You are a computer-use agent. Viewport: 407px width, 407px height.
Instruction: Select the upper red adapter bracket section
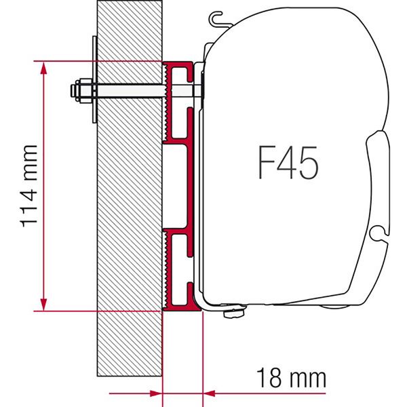[x=178, y=102]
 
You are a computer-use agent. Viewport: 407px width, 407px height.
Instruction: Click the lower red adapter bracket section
[x=178, y=268]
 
